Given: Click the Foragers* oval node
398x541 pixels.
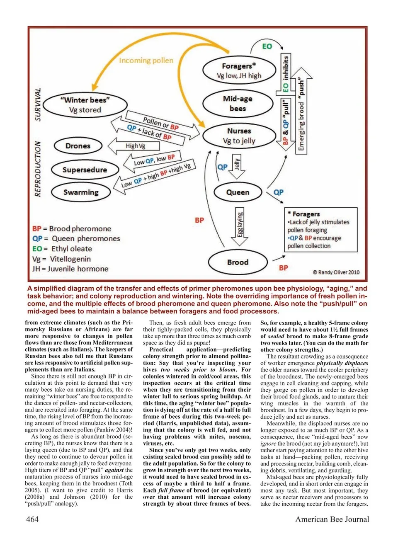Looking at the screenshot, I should (239, 70).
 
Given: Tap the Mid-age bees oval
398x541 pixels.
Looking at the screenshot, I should (238, 104).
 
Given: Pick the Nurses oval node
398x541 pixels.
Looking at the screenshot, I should (239, 136).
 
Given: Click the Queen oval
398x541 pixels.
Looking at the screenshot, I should (238, 192).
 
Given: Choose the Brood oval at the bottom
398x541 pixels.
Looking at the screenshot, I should (238, 262).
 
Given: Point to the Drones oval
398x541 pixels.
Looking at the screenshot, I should (78, 146).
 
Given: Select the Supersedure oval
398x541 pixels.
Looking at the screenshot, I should (85, 170).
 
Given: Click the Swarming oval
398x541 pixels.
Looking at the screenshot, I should (81, 192).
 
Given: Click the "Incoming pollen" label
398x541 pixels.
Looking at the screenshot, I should (146, 61).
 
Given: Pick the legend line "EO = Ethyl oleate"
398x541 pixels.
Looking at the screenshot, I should (62, 249).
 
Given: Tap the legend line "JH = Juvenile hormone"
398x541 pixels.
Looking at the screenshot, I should (70, 269).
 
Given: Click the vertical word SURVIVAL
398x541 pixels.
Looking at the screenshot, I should (38, 104).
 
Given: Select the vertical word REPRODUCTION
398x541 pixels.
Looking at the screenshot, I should (38, 169).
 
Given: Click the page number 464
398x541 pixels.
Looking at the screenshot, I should (32, 519).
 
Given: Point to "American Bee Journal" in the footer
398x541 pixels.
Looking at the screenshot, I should (332, 519).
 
